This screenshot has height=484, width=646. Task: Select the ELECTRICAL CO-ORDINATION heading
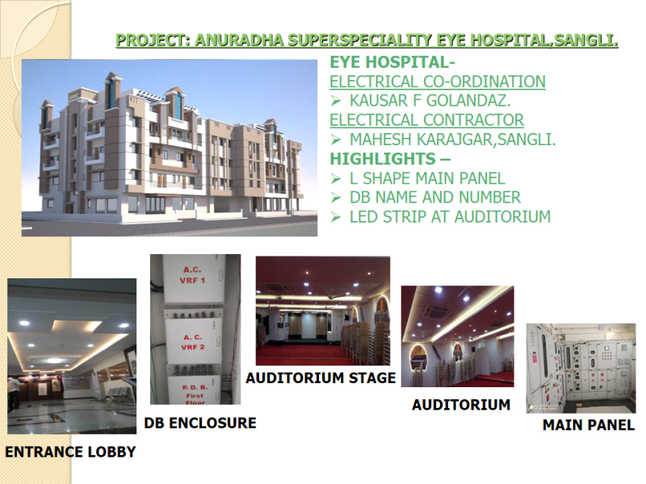click(x=438, y=81)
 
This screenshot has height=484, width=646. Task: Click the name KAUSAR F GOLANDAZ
click(x=430, y=100)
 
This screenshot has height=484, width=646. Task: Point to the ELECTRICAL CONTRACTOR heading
click(x=427, y=119)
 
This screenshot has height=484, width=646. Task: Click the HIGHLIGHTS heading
click(x=390, y=158)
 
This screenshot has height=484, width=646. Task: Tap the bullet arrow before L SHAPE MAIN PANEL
click(x=336, y=178)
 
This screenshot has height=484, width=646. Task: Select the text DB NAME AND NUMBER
click(x=435, y=198)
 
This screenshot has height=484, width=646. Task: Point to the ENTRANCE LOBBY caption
click(x=70, y=452)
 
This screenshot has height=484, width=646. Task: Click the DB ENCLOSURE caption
click(x=200, y=423)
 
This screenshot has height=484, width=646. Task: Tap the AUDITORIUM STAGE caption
click(x=321, y=378)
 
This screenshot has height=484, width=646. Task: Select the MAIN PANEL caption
click(x=589, y=425)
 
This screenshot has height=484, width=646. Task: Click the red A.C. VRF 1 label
click(x=192, y=275)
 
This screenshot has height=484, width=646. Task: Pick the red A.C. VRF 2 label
click(x=193, y=342)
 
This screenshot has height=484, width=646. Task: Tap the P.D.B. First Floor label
click(x=195, y=395)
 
